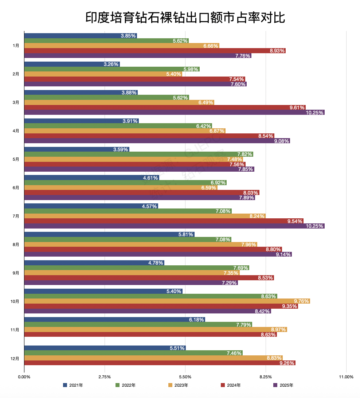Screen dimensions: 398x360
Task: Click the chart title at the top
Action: (x=185, y=17)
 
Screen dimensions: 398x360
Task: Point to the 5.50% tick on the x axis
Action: (x=185, y=377)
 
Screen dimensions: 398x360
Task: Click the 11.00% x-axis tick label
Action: (x=346, y=377)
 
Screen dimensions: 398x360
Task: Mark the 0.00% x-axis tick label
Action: (x=24, y=377)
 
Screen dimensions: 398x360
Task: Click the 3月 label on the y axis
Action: (x=16, y=102)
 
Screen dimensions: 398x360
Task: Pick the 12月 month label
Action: (x=15, y=358)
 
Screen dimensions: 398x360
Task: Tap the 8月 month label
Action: (x=16, y=245)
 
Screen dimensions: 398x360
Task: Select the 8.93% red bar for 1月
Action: (x=155, y=51)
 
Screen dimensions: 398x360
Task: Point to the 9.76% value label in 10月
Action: (x=302, y=301)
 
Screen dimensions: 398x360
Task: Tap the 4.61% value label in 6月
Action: (x=150, y=178)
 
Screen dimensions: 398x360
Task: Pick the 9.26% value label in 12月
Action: (x=287, y=363)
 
